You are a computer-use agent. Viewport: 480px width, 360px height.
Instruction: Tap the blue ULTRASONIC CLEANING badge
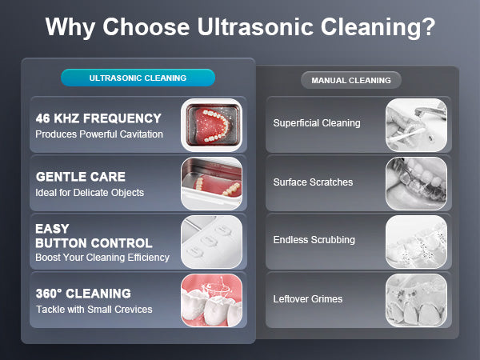pyautogui.click(x=138, y=78)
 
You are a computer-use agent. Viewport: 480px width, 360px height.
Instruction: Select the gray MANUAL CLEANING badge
pyautogui.click(x=351, y=80)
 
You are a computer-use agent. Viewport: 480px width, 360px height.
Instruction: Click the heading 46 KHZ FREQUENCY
pyautogui.click(x=98, y=118)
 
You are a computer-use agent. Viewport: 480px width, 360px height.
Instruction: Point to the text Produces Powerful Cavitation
pyautogui.click(x=99, y=134)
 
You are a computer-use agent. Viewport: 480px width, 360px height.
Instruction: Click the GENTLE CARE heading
pyautogui.click(x=81, y=177)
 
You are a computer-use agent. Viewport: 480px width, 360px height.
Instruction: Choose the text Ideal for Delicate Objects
pyautogui.click(x=90, y=193)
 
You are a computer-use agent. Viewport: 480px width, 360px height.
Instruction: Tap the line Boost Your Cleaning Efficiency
pyautogui.click(x=102, y=257)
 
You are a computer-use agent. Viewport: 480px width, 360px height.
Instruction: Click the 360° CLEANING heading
pyautogui.click(x=83, y=294)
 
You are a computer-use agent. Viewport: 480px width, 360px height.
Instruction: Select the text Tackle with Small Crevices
pyautogui.click(x=94, y=309)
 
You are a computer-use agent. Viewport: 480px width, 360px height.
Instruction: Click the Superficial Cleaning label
pyautogui.click(x=317, y=123)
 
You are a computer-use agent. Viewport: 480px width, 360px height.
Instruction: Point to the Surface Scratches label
pyautogui.click(x=313, y=182)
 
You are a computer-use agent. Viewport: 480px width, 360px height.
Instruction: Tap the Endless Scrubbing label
pyautogui.click(x=314, y=240)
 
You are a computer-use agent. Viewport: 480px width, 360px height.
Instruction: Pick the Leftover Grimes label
pyautogui.click(x=308, y=298)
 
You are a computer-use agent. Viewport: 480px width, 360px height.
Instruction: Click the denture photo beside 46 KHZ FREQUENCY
pyautogui.click(x=211, y=125)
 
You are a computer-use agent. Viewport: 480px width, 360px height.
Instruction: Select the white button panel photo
pyautogui.click(x=211, y=242)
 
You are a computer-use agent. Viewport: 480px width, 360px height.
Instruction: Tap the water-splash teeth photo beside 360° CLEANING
pyautogui.click(x=211, y=300)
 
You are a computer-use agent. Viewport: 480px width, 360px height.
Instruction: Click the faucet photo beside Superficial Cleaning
pyautogui.click(x=416, y=125)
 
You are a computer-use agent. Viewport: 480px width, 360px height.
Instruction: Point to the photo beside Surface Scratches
pyautogui.click(x=416, y=183)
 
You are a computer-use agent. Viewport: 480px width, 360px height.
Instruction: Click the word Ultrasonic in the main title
pyautogui.click(x=255, y=26)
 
